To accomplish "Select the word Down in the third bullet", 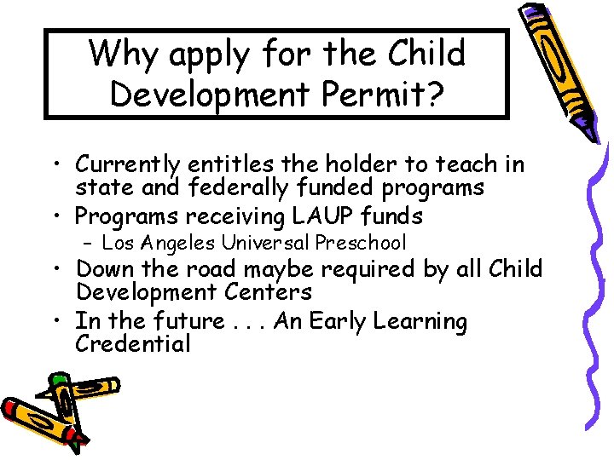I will [103, 269].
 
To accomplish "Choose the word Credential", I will [133, 345].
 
